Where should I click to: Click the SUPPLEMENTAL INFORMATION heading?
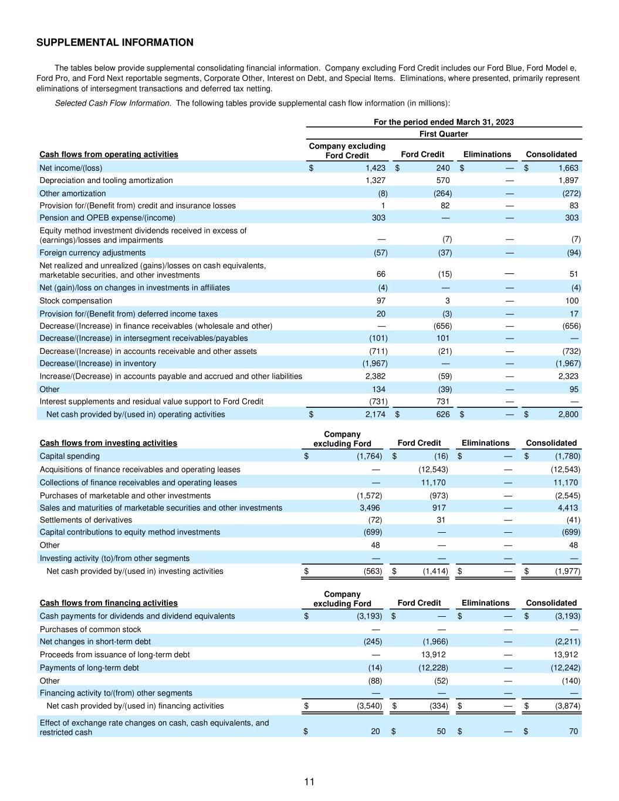coord(115,42)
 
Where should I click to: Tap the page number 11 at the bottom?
coord(309,782)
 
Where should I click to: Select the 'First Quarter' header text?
coord(444,134)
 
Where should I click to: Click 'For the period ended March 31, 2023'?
coord(444,122)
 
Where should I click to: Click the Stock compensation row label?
coord(76,300)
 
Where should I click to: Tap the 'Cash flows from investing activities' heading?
coord(108,443)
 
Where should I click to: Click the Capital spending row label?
coord(70,456)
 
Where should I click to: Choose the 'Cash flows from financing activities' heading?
coord(109,603)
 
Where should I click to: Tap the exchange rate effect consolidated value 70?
coord(573,731)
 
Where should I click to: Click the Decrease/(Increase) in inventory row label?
coord(98,363)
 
